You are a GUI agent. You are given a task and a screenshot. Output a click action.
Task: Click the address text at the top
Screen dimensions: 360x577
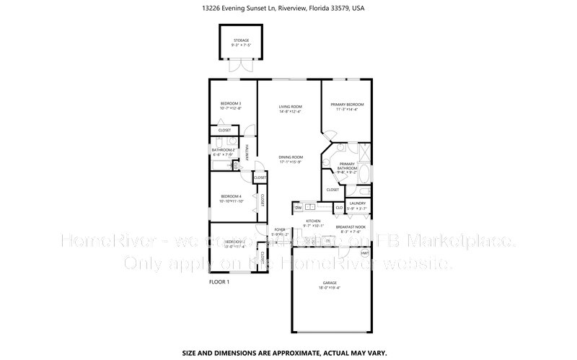tap(288, 10)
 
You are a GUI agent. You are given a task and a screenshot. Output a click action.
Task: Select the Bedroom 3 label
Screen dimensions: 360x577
tap(230, 104)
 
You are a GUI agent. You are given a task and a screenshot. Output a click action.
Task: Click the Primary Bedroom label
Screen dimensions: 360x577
tap(347, 104)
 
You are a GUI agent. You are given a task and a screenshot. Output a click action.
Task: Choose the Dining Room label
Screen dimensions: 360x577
tap(291, 157)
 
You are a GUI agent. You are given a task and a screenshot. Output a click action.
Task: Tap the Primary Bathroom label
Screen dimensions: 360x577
tap(347, 165)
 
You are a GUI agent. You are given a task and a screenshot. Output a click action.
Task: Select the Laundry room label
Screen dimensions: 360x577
tap(358, 203)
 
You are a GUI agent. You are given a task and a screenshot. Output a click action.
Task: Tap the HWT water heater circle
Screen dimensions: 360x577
tap(365, 253)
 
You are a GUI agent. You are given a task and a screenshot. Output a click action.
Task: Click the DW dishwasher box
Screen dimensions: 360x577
tap(298, 208)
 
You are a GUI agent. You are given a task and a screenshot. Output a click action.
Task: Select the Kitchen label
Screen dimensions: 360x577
tap(312, 221)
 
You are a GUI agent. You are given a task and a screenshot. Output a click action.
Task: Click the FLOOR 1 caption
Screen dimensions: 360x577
tap(219, 282)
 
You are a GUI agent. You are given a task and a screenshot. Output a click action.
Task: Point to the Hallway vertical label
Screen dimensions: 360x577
tap(246, 152)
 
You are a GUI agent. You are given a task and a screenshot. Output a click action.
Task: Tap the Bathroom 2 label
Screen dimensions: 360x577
tap(223, 150)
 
